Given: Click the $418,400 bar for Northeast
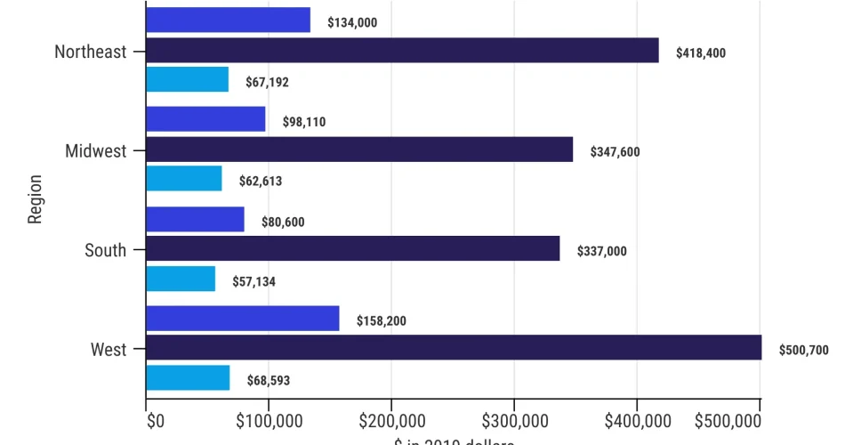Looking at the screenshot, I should coord(402,51).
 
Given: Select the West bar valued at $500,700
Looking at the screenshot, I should coord(454,348).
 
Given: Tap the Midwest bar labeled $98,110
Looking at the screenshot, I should coord(205,119).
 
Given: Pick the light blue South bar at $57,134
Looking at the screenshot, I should coord(181,279).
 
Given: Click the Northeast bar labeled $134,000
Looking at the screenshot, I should coord(228,20).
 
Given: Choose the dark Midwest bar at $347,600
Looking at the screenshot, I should coord(359,150).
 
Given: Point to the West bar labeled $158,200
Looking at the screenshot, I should coord(242,319).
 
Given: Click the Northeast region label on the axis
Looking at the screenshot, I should coord(90,52).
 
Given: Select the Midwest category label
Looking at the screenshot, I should coord(95,150).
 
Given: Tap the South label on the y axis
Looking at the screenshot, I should coord(105,250).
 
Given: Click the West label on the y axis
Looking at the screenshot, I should coord(109,350).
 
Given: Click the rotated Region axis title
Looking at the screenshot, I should coord(36,200).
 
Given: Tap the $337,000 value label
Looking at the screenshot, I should coord(602,252).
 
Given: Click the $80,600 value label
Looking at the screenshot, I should coord(283,222).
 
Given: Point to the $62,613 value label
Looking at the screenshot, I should coord(261,182).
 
